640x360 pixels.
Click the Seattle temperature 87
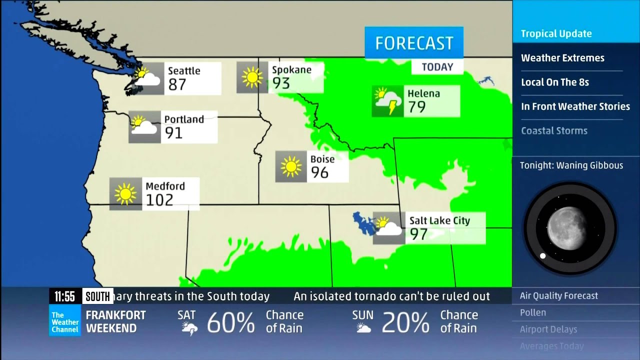(177, 84)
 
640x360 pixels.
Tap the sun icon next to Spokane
(252, 77)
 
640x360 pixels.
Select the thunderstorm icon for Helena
(387, 101)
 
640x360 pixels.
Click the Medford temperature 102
(159, 199)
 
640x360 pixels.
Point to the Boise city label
(322, 159)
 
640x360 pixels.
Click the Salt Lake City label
(439, 220)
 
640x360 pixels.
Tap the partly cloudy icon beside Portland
(144, 126)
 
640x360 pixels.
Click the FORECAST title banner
(414, 43)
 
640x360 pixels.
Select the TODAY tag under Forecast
(437, 67)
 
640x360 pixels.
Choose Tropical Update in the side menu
(556, 34)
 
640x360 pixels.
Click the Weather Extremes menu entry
(562, 58)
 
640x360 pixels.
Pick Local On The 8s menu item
(555, 82)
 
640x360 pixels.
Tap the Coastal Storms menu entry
(554, 130)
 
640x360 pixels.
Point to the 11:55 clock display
(65, 296)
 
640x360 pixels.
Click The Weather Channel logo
(65, 322)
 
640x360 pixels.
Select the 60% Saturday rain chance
(230, 322)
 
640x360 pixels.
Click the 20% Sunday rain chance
(405, 322)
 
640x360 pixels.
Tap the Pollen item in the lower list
(533, 312)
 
